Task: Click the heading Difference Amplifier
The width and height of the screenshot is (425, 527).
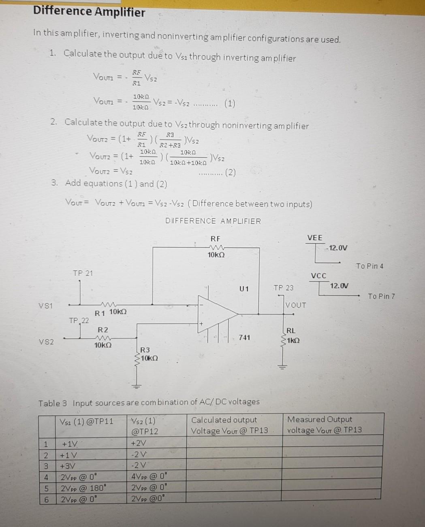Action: click(89, 12)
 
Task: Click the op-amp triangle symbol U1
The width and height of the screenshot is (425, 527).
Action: click(216, 313)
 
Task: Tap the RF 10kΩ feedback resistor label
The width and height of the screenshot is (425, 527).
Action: click(216, 247)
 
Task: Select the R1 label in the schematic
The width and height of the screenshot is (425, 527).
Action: click(100, 313)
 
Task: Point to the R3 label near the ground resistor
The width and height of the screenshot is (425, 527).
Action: click(145, 350)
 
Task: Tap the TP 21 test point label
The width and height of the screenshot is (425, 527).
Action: click(83, 273)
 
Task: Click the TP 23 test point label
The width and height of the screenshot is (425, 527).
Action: click(283, 288)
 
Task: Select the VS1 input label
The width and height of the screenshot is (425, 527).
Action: click(46, 306)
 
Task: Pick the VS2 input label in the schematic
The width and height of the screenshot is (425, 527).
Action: click(46, 342)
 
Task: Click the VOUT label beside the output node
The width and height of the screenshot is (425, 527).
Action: click(296, 305)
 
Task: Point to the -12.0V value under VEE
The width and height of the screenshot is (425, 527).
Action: click(337, 248)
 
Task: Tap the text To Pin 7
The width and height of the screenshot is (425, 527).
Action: click(381, 296)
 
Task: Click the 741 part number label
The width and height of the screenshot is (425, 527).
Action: click(244, 337)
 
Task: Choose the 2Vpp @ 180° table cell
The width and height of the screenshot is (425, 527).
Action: click(83, 488)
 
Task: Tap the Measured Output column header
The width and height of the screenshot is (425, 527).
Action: click(324, 425)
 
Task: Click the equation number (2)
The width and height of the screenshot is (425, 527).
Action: click(230, 173)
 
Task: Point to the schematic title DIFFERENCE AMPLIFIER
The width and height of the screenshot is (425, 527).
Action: click(213, 221)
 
